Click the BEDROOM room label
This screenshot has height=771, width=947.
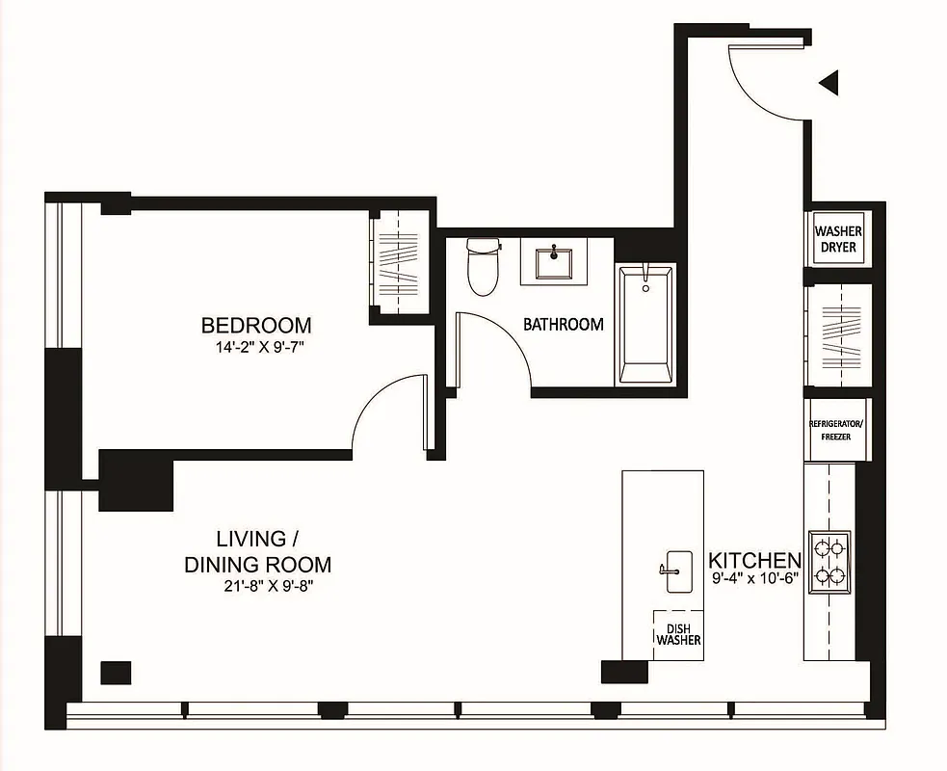point(255,325)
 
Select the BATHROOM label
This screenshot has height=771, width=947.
point(564,325)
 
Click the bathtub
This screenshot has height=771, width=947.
point(645,326)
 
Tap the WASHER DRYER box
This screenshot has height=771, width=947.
point(838,239)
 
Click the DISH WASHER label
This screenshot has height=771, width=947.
point(678,633)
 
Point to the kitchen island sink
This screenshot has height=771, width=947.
point(677,571)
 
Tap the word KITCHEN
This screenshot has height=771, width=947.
point(754,560)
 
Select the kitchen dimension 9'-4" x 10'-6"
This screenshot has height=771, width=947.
point(755,580)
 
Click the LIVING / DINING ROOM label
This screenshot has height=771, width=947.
point(257,551)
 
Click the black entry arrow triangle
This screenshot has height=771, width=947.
point(829,84)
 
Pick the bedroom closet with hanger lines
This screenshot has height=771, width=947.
point(397,260)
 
